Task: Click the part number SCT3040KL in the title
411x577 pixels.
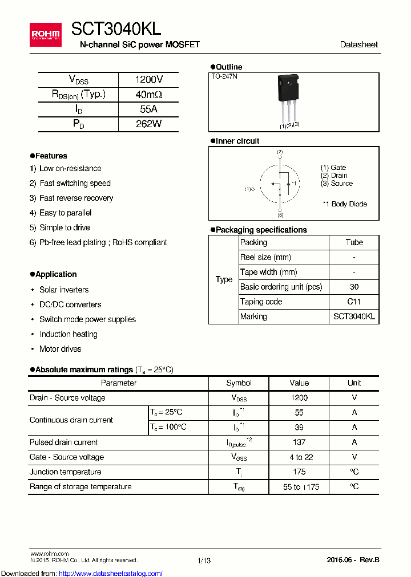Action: [116, 29]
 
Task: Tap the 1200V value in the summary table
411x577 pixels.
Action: [148, 80]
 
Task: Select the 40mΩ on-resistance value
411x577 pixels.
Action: [148, 95]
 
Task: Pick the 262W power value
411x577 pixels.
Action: [148, 124]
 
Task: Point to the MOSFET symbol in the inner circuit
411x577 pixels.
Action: [280, 184]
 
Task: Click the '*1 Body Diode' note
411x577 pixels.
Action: [345, 204]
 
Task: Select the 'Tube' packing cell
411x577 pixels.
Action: [354, 242]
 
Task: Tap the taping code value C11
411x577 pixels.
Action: [354, 302]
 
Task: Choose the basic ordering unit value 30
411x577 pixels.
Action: [354, 287]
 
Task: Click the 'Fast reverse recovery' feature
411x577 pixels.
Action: [76, 198]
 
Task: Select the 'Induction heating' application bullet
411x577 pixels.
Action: [68, 334]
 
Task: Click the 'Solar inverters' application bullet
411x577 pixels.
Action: [63, 290]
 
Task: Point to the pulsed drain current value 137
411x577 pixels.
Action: [299, 442]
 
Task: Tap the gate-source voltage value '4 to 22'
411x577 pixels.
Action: [299, 457]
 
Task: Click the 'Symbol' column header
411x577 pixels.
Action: [239, 383]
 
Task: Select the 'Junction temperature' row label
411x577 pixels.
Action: [65, 472]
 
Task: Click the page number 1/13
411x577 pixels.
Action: [204, 561]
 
